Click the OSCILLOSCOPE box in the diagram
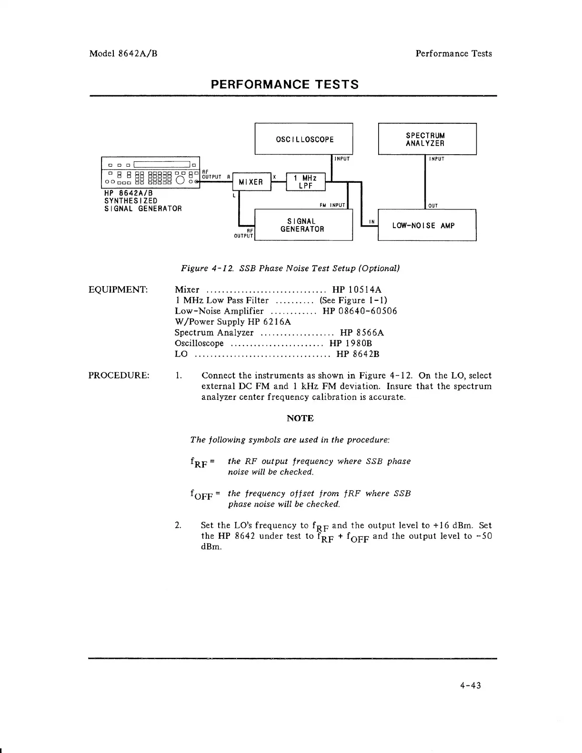[304, 139]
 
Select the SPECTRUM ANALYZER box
[427, 139]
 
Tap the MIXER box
[251, 182]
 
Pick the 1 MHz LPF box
[305, 182]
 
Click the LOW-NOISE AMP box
[427, 225]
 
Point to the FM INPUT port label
[332, 206]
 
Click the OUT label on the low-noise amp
[433, 206]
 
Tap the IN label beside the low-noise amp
[371, 221]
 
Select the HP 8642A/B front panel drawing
[151, 172]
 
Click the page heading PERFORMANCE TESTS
[285, 85]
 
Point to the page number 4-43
[471, 685]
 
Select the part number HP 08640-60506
[360, 311]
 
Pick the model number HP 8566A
[362, 332]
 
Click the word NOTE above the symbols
[300, 418]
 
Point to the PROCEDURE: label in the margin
[119, 375]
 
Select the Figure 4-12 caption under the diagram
[290, 268]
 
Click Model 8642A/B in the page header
[123, 53]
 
